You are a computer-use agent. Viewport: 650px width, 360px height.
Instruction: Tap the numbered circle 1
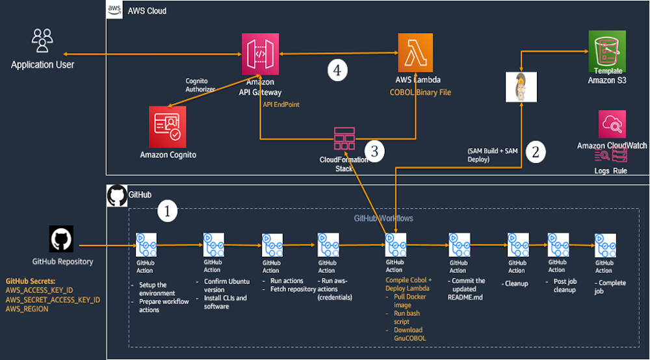(168, 211)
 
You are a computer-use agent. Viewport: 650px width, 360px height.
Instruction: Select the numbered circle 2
(536, 152)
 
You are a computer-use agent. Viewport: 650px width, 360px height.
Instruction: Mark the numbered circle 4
(337, 70)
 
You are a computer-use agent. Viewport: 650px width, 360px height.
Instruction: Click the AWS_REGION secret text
(27, 309)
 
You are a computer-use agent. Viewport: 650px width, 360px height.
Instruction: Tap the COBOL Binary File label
(420, 92)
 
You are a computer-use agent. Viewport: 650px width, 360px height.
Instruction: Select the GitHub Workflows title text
(383, 218)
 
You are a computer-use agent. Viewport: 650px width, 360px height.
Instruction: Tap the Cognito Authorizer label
(200, 85)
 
